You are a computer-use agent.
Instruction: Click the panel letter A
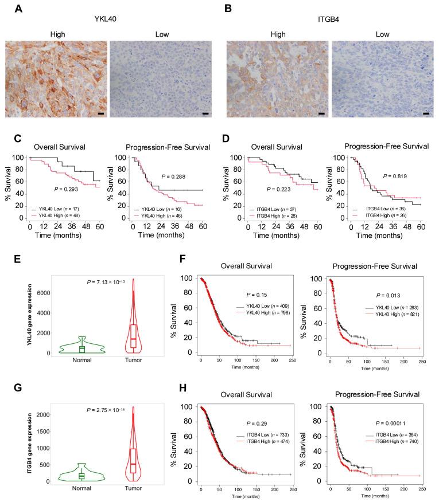[9, 9]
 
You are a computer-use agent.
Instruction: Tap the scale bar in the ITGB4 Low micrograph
[426, 113]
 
